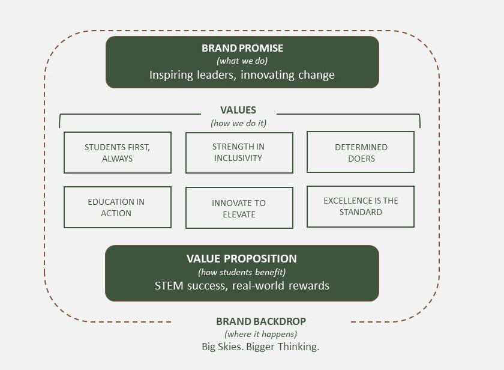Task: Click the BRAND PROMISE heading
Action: (x=242, y=49)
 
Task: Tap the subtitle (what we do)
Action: (x=242, y=61)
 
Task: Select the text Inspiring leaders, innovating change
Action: (x=242, y=75)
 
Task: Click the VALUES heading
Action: (x=238, y=110)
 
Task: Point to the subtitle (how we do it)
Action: (x=238, y=123)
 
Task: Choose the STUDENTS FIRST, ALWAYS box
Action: (x=117, y=153)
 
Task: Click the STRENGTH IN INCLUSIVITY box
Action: (x=239, y=153)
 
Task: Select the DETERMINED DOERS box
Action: (x=361, y=153)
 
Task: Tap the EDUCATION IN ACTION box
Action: (x=117, y=207)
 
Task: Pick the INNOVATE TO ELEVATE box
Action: (x=239, y=208)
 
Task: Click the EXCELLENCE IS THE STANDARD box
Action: (x=361, y=207)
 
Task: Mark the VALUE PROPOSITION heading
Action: (x=242, y=259)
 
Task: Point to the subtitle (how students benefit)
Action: (x=242, y=272)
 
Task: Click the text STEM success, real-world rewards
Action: (x=242, y=286)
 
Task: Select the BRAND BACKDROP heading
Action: (x=261, y=321)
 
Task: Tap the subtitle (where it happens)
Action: (x=260, y=334)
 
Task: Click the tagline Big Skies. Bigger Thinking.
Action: (x=260, y=347)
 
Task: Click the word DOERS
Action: (x=361, y=159)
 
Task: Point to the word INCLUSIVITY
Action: (x=238, y=158)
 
